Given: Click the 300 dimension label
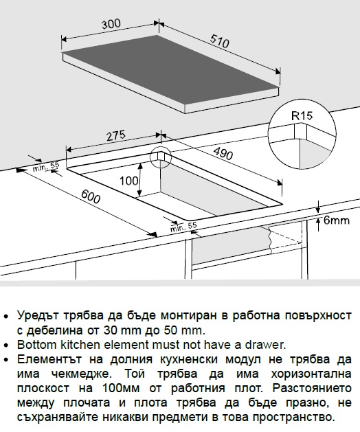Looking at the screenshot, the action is [x=111, y=23].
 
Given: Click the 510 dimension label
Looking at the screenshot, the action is [x=220, y=41].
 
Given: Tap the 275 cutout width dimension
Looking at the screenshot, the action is [x=116, y=135].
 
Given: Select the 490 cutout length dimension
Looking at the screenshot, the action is [x=223, y=153].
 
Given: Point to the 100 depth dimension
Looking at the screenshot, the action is [x=128, y=181].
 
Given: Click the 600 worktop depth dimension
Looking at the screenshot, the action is [x=91, y=196].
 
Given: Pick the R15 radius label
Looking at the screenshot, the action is [x=302, y=115].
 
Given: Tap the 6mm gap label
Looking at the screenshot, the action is [x=336, y=220].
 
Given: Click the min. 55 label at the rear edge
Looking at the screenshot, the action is [x=46, y=166].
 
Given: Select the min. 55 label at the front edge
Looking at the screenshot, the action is [x=183, y=227].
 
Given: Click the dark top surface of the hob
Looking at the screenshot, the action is [x=170, y=70].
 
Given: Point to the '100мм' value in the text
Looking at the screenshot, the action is [x=121, y=388].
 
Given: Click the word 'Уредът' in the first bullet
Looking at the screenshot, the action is [x=38, y=316].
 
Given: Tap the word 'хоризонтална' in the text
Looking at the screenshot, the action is [x=311, y=374].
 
